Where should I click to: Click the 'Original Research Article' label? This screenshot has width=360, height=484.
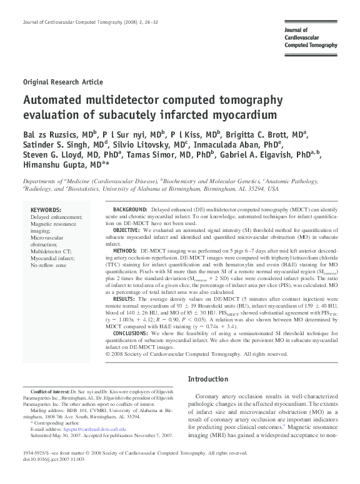[x=62, y=82]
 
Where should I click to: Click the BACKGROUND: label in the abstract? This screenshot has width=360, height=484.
[x=129, y=208]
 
